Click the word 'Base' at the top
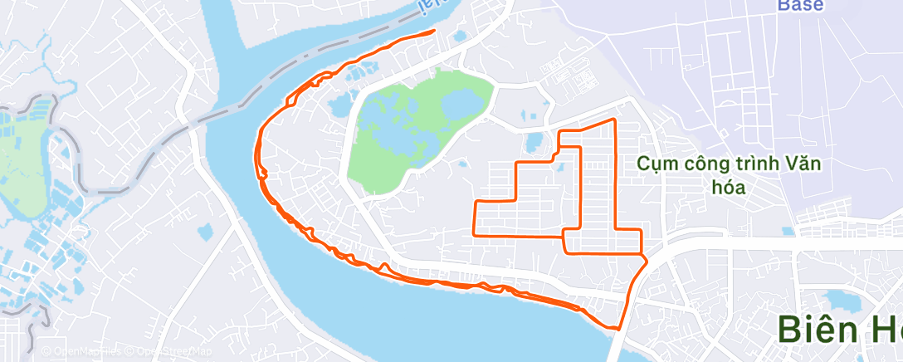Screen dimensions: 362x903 click(800, 6)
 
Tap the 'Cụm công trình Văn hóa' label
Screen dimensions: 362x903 click(729, 174)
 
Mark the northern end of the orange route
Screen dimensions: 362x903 click(433, 32)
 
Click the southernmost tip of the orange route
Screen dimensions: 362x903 click(619, 329)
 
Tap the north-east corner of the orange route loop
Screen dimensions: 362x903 click(614, 120)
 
